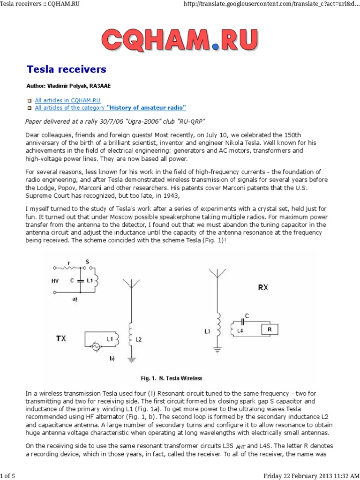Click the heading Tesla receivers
pos(66,70)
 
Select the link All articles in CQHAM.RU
pos(68,100)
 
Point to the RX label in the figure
pos(263,287)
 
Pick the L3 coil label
pos(208,331)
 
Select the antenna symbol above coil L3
pos(217,273)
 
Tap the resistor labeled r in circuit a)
pos(69,269)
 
